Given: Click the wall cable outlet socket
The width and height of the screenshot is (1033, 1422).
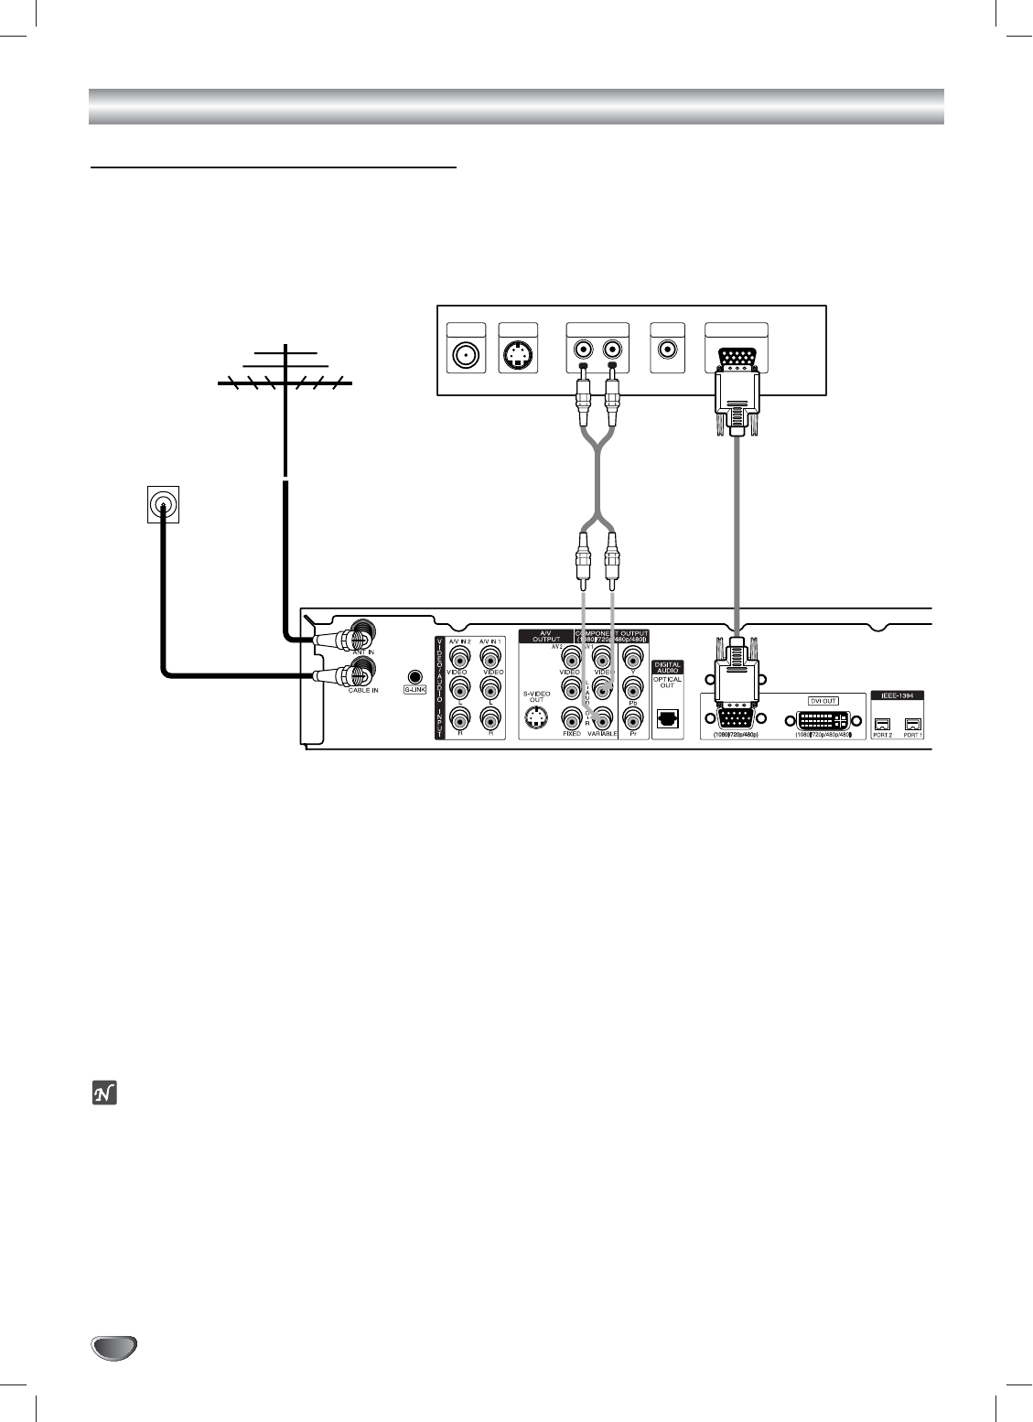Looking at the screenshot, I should point(163,504).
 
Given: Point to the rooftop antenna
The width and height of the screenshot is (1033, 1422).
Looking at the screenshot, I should point(285,375).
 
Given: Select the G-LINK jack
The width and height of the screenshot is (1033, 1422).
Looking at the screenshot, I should point(415,673).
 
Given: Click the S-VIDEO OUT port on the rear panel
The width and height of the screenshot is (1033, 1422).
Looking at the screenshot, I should point(536,718).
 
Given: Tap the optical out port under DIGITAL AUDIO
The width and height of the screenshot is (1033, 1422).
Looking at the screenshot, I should point(668,718).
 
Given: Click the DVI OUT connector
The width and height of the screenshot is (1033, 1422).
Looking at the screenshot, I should point(823,719).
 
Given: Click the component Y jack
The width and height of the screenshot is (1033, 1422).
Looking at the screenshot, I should point(632,656).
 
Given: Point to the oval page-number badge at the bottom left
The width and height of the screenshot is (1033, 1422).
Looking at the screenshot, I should point(113,1348).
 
